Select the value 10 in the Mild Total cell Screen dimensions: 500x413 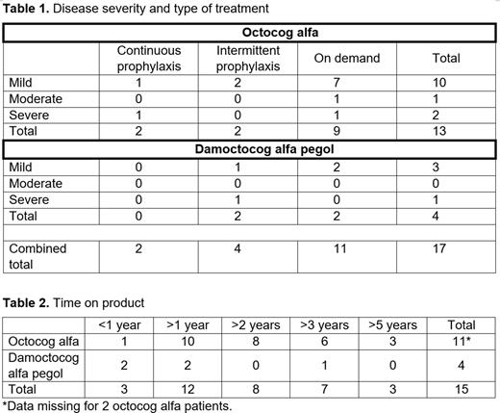[x=445, y=84]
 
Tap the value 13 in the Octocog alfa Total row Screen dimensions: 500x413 [x=445, y=131]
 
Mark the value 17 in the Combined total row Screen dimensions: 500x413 [x=445, y=248]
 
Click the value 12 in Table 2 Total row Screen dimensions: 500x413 [x=188, y=387]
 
